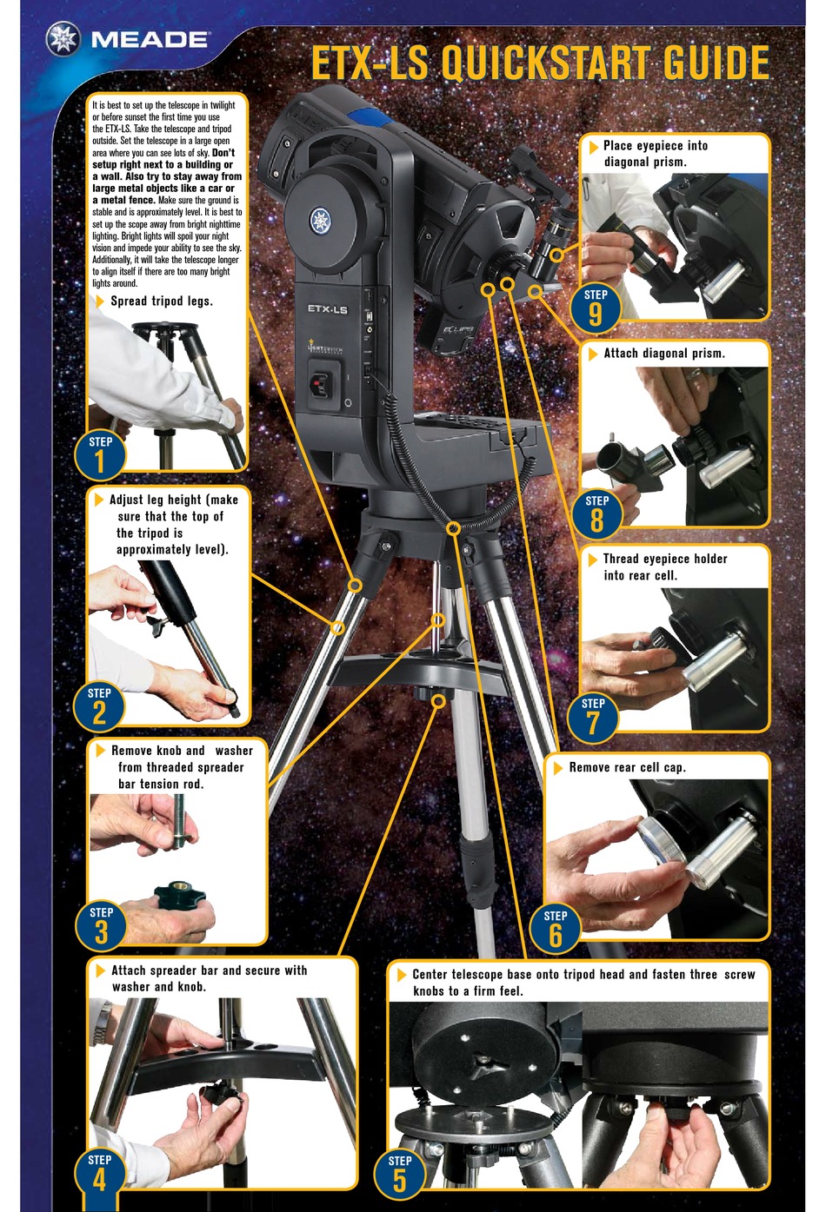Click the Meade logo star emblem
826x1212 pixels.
[x=63, y=39]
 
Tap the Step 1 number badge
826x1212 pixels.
[x=100, y=455]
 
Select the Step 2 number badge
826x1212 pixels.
[x=99, y=706]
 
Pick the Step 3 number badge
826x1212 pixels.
[x=101, y=925]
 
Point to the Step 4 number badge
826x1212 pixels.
[x=100, y=1172]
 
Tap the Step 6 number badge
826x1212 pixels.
[x=555, y=929]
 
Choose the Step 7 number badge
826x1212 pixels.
[x=593, y=717]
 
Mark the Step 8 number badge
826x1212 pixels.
[x=596, y=513]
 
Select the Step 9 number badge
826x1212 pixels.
[x=596, y=308]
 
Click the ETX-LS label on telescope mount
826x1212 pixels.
[x=327, y=309]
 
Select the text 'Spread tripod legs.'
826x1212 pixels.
[x=161, y=301]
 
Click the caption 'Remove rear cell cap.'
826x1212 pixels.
[x=627, y=768]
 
